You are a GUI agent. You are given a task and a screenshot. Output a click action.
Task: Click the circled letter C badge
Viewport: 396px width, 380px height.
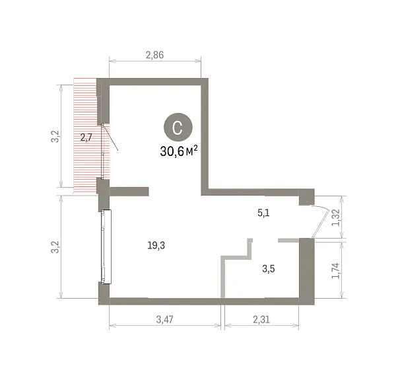coord(178,128)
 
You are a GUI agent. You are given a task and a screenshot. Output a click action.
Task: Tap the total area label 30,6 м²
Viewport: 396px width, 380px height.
coord(179,151)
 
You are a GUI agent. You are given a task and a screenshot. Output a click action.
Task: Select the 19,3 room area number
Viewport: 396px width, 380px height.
coord(156,245)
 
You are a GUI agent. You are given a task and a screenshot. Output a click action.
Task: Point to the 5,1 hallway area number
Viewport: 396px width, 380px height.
coord(263,213)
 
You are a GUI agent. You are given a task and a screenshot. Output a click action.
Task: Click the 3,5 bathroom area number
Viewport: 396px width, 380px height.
coord(269,268)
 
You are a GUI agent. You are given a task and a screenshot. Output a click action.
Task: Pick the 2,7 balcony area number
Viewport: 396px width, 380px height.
coord(86,137)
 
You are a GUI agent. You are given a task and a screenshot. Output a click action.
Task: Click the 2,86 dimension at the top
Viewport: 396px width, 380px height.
coord(155,55)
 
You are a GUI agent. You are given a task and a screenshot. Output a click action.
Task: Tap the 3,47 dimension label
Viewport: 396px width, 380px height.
coord(164,320)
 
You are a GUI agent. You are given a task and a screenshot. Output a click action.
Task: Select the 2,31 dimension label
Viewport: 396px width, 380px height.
coord(261,320)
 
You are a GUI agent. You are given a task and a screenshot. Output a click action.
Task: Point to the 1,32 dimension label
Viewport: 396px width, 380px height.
coord(336,217)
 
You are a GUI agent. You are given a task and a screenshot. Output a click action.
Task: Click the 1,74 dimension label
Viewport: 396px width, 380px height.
coord(336,270)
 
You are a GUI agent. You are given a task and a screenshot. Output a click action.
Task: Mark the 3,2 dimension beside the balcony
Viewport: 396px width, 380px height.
coord(55,136)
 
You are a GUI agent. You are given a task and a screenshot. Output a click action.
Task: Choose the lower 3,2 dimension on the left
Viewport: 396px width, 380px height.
coord(55,247)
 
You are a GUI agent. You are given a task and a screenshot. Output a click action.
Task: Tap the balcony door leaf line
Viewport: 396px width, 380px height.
coord(110,137)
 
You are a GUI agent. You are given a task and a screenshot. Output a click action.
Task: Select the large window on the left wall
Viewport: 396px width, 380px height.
coord(106,247)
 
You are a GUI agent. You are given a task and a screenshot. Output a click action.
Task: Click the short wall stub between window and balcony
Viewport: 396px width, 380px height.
coord(129,192)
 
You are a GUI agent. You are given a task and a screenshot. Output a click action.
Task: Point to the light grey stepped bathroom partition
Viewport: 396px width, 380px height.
coord(236,268)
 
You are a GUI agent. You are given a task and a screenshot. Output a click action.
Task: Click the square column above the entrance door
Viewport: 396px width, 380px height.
coord(307,197)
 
